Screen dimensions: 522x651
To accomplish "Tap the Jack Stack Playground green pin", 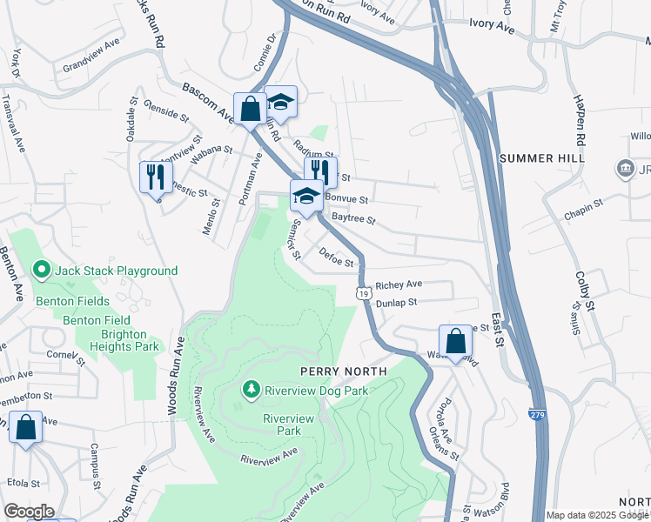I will (40, 271).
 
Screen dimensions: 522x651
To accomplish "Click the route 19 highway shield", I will (361, 294).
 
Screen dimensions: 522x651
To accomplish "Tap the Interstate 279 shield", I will (537, 417).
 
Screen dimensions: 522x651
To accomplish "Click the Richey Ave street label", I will (399, 284).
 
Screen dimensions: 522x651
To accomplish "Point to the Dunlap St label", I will (398, 303).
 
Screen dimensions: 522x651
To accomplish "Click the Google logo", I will (29, 512).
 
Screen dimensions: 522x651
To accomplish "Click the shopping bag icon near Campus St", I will (26, 427).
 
